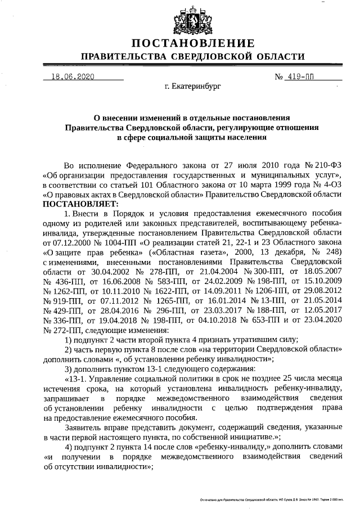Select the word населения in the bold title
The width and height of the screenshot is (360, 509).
(x=243, y=137)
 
